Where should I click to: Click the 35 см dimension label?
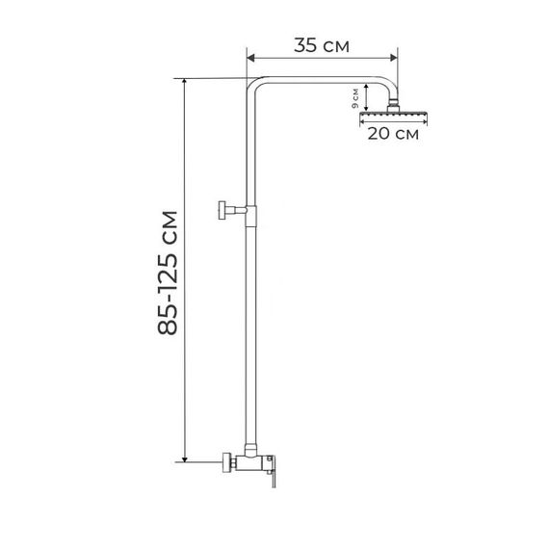coord(322,45)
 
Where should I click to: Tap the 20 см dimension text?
coord(393,134)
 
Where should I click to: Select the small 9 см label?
coord(355,98)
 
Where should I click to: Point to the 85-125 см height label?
coord(168,273)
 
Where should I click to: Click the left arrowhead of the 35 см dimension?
coord(250,58)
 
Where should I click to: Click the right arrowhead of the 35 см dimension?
coord(394,58)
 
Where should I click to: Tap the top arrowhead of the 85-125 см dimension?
coord(185,82)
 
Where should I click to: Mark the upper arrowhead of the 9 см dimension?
coord(366,87)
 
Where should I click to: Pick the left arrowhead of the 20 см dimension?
coord(363,122)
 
